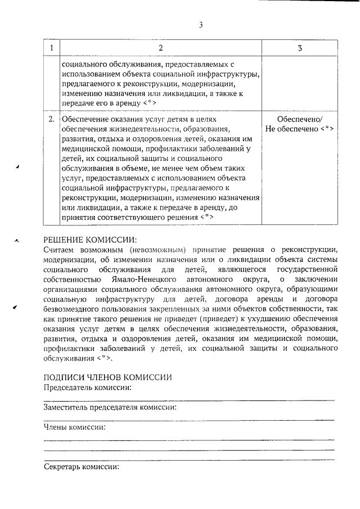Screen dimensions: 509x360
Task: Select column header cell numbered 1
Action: point(52,48)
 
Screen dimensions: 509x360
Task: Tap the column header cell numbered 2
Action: point(160,48)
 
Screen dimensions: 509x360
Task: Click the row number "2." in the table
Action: point(52,119)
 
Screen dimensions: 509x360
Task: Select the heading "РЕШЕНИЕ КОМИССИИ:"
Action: point(90,239)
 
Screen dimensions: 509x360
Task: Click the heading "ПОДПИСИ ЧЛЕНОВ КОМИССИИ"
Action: point(107,377)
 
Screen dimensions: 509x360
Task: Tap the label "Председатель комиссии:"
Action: point(88,388)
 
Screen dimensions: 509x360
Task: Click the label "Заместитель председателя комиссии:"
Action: point(110,407)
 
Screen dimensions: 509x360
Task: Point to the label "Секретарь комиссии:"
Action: point(82,467)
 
